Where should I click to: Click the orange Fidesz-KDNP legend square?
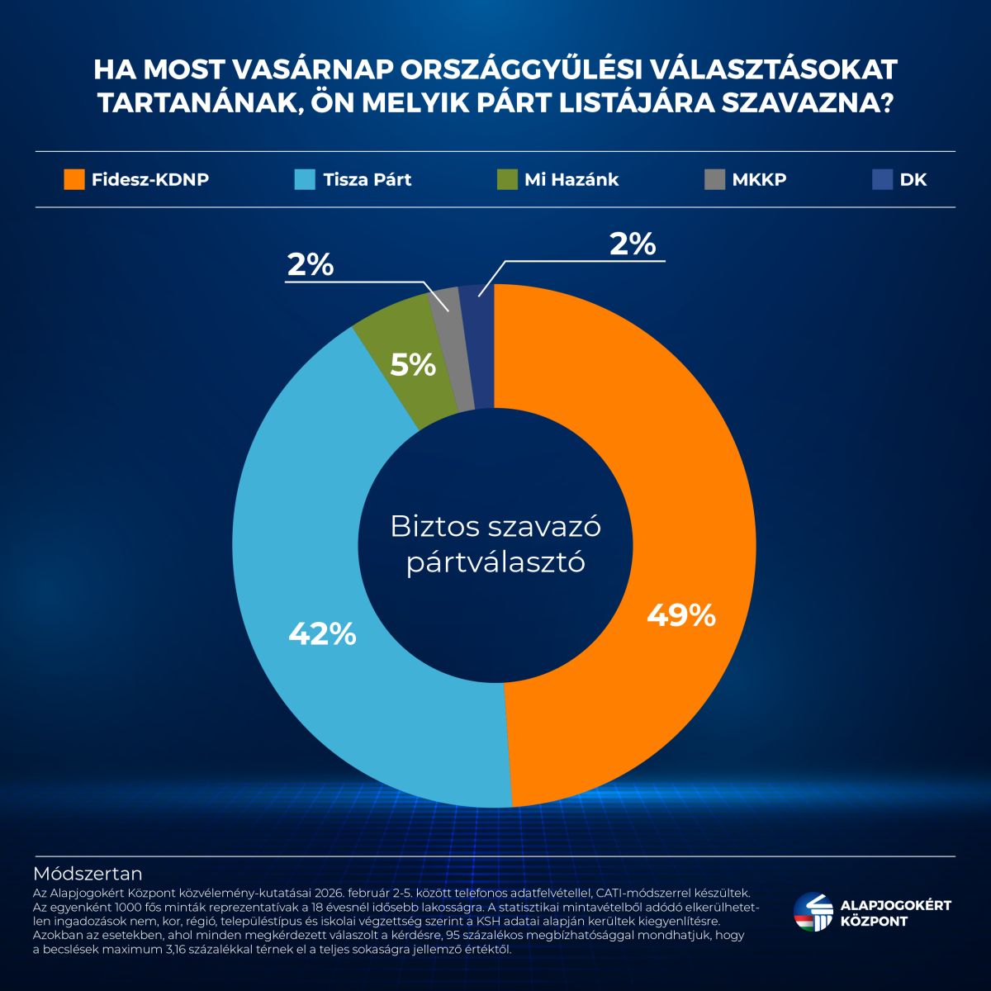click(74, 179)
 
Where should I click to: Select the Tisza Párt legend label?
click(367, 179)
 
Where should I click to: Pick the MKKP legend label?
click(759, 179)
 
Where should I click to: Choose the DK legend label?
click(913, 179)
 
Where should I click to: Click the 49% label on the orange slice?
click(680, 615)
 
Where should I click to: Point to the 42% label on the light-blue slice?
click(322, 633)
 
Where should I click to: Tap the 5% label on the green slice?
click(413, 365)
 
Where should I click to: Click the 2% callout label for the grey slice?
click(311, 265)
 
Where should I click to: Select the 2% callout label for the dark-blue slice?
click(632, 244)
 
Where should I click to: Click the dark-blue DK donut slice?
click(480, 347)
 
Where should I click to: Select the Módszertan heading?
click(88, 874)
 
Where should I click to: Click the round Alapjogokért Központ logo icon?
click(813, 913)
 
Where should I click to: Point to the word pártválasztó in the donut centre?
click(495, 563)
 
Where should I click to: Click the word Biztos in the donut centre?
click(435, 527)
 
